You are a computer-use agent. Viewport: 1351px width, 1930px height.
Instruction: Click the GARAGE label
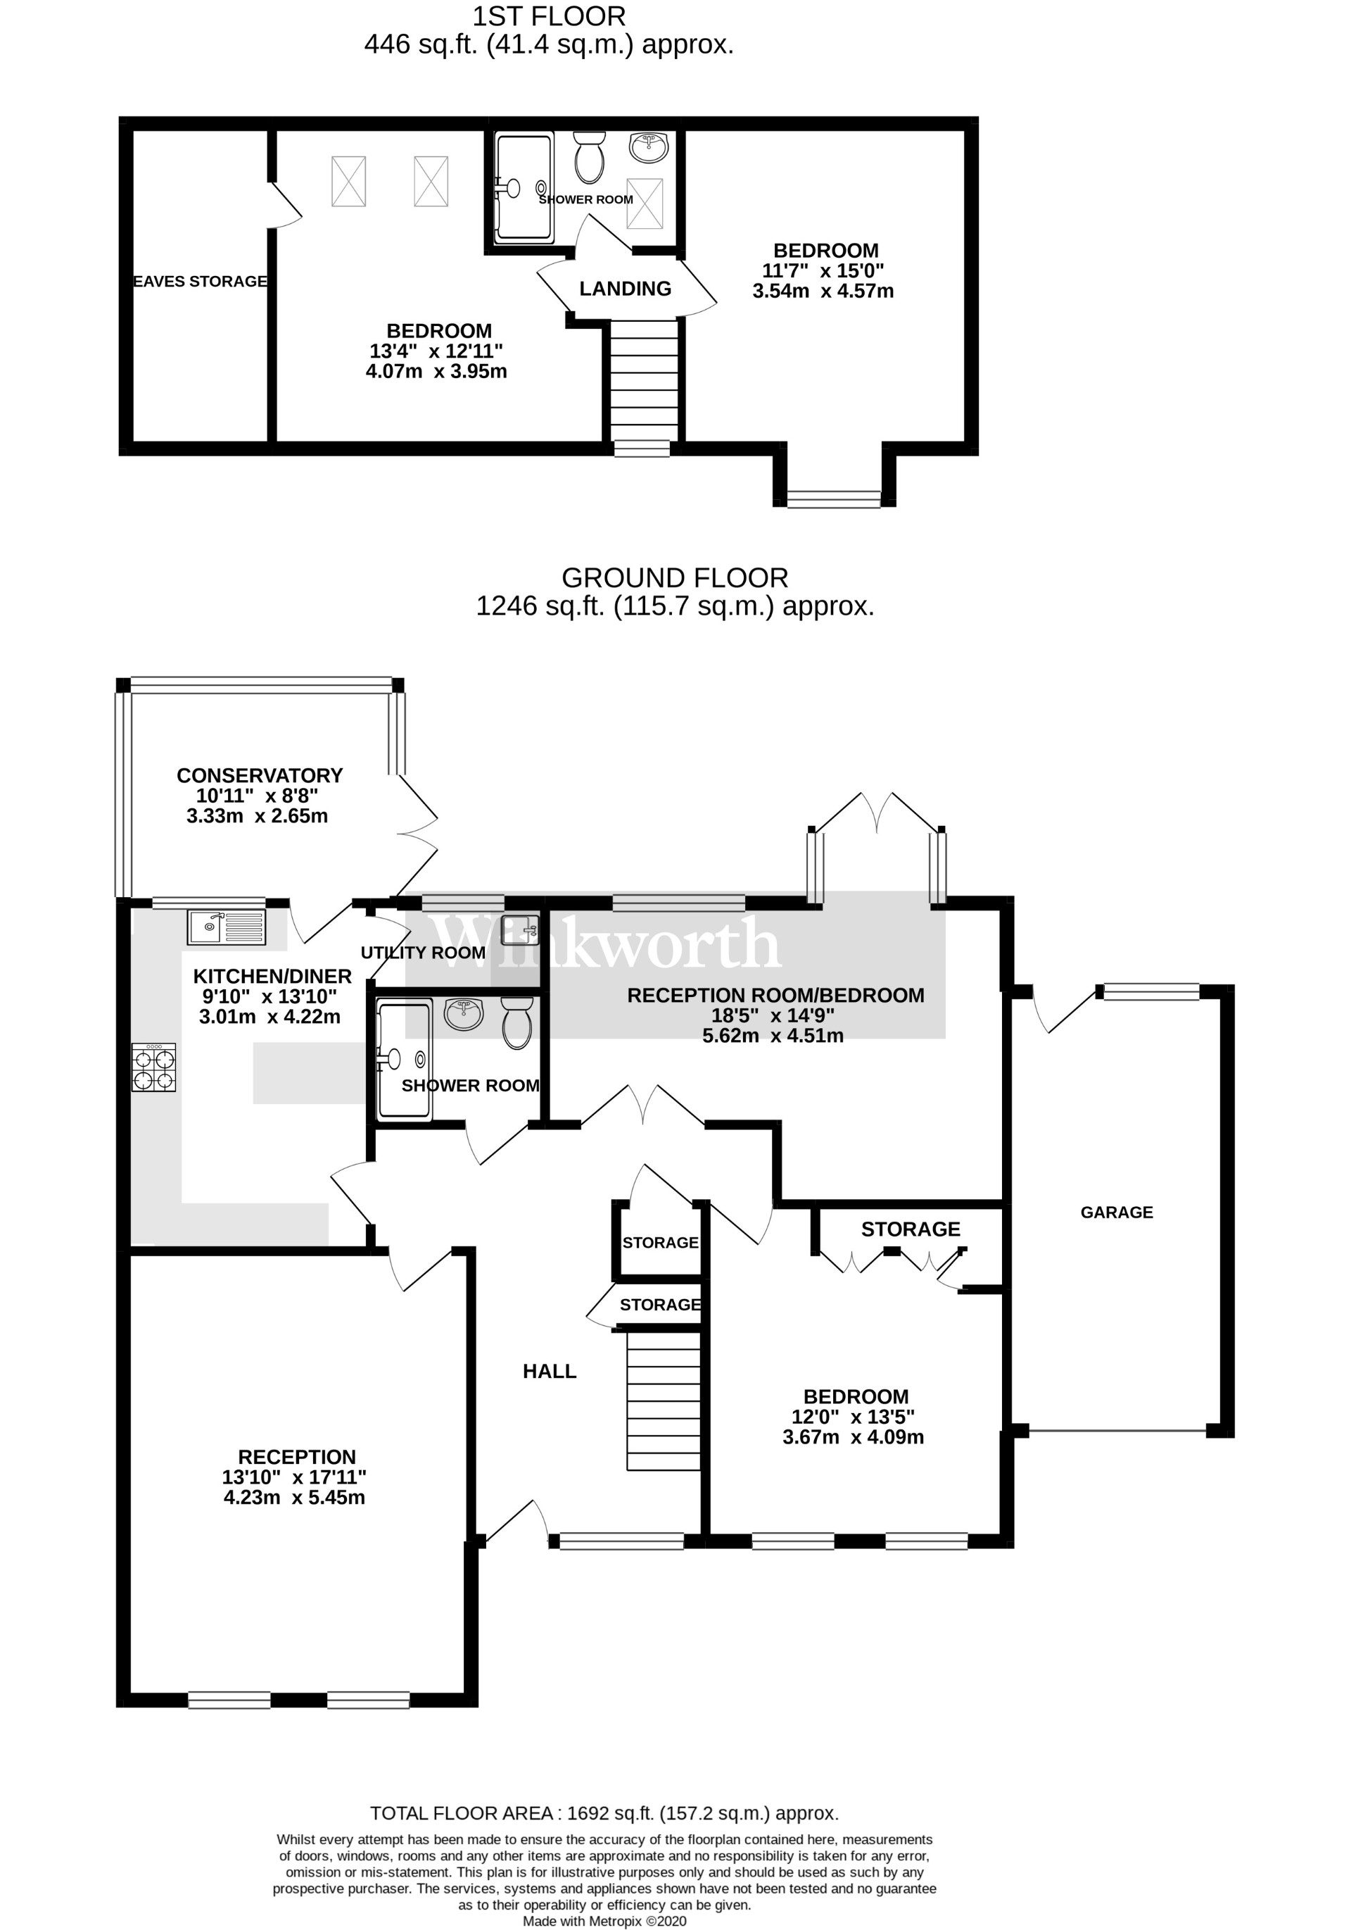point(1116,1212)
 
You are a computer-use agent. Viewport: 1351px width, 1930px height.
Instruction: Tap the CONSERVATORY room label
point(260,775)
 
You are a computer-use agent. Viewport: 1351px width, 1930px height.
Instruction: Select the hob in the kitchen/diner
point(154,1067)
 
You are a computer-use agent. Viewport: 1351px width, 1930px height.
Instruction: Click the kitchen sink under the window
point(226,927)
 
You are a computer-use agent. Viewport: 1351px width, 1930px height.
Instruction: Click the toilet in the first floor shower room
point(590,157)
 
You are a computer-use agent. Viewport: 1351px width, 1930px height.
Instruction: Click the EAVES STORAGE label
point(200,282)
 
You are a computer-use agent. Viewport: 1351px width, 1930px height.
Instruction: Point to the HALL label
point(550,1372)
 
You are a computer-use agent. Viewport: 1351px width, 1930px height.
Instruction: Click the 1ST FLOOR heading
point(549,16)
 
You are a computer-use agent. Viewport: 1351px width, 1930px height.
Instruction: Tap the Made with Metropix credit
point(604,1921)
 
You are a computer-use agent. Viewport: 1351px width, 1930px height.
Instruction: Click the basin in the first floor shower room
point(649,147)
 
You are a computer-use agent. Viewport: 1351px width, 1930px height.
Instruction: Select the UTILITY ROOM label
point(423,953)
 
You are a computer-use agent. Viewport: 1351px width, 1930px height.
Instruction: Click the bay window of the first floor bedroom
point(833,499)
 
